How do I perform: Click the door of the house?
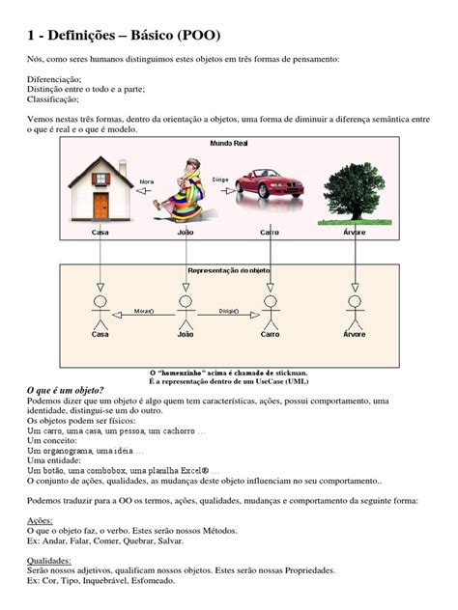click(100, 205)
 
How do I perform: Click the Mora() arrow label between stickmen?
click(143, 311)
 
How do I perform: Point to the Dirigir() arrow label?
click(228, 311)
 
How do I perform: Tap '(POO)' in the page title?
click(198, 36)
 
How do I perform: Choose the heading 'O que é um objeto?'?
click(77, 388)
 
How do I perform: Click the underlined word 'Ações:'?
click(42, 518)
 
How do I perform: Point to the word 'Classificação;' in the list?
click(53, 98)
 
